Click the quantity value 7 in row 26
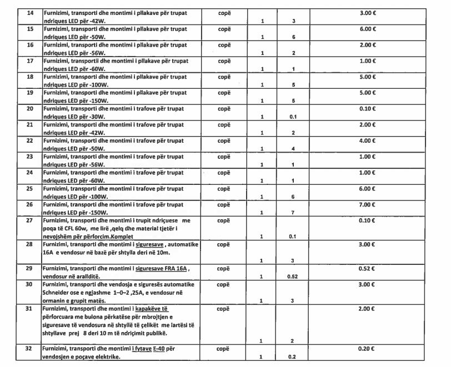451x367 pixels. pyautogui.click(x=293, y=213)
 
